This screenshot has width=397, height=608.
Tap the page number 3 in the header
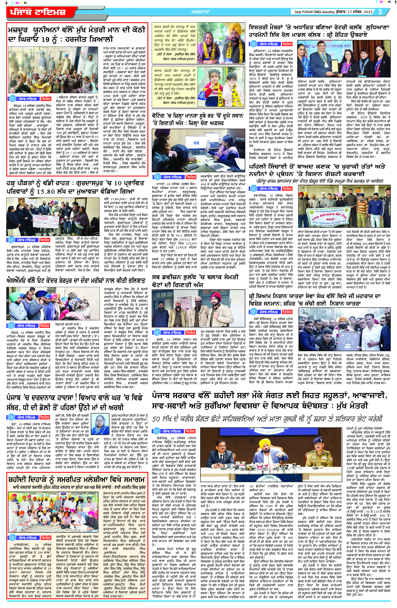coord(380,12)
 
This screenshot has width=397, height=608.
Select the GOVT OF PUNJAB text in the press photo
coord(267,431)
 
